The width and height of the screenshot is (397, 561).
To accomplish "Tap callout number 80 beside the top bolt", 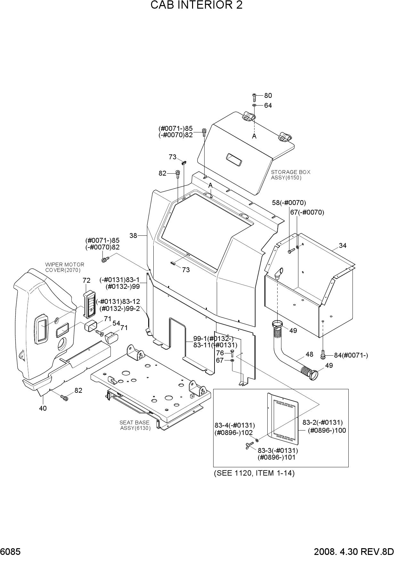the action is (268, 96).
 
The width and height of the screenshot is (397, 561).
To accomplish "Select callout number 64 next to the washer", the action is (268, 106).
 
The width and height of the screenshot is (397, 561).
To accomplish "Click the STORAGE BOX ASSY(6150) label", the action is (291, 175).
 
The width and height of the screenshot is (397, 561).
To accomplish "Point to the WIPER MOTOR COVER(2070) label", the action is (65, 267).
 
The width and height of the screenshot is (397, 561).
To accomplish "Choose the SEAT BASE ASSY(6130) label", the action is (135, 425).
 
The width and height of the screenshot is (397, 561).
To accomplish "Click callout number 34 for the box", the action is (343, 246).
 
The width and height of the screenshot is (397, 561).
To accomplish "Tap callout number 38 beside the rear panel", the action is (133, 236).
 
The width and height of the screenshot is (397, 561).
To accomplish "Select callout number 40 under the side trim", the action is (43, 408).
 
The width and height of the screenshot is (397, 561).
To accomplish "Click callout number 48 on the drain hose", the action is (309, 354).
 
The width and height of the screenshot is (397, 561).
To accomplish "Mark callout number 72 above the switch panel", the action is (86, 280).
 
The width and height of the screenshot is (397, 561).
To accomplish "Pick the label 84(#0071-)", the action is (351, 355).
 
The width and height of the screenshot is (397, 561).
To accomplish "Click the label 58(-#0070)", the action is (289, 202).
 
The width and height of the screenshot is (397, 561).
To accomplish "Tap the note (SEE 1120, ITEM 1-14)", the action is (254, 473).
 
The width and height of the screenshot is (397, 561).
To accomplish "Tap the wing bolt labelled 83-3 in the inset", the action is (249, 445).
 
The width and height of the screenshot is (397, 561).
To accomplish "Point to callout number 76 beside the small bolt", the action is (220, 353).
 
